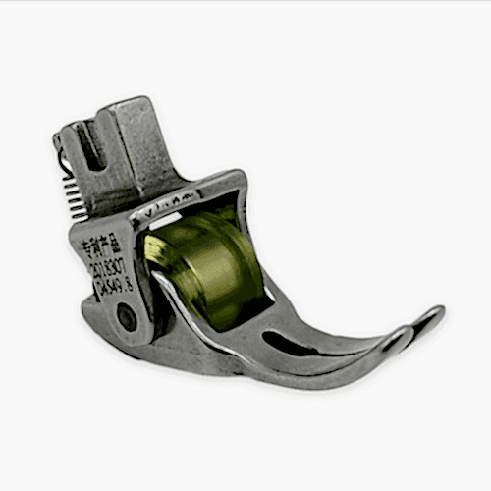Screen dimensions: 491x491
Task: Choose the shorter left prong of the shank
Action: coord(73,137)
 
